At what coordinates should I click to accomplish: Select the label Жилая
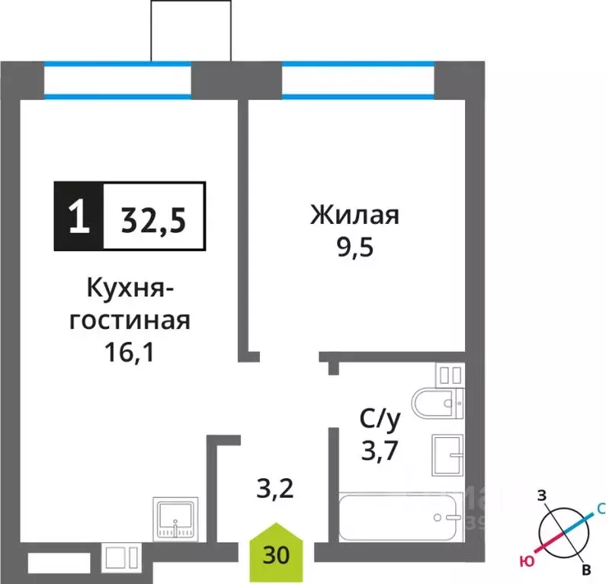point(354,215)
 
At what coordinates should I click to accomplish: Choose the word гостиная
point(129,321)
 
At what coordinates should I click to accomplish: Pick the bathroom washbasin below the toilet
point(447,455)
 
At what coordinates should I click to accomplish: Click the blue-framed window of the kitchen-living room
point(117,81)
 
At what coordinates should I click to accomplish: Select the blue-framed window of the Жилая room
point(358,81)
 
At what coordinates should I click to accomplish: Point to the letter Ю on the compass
point(525,562)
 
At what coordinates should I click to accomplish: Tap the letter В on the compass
point(585,570)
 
